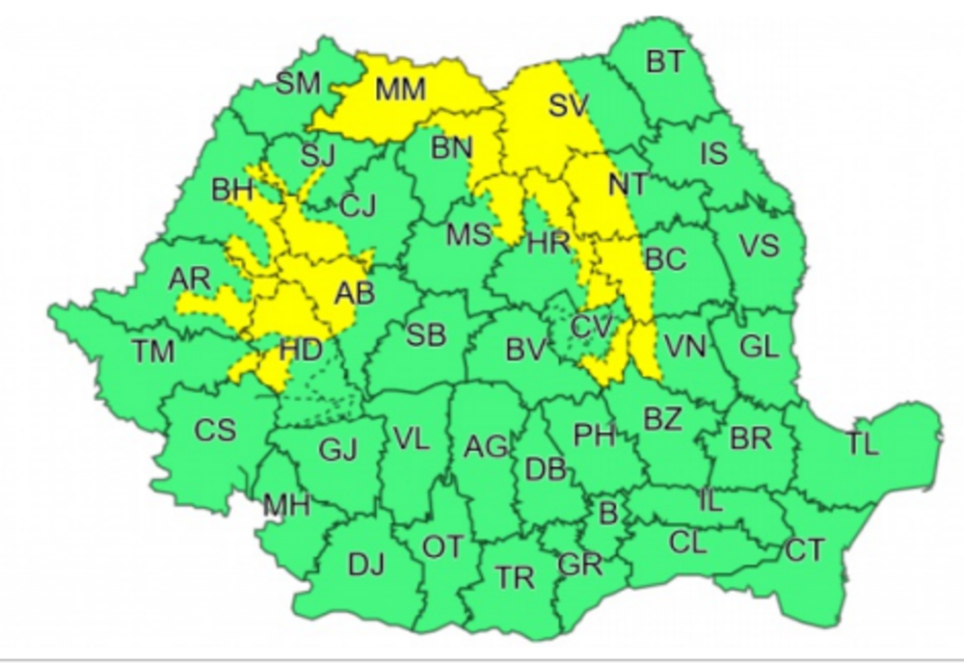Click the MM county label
click(400, 90)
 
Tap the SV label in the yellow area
click(568, 106)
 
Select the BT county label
click(664, 63)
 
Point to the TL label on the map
click(863, 444)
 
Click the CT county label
click(804, 550)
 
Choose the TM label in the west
click(153, 351)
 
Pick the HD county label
click(299, 351)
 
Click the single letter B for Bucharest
click(607, 513)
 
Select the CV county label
click(590, 327)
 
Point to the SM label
click(298, 83)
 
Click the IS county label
click(713, 152)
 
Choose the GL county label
click(759, 347)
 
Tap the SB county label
click(425, 335)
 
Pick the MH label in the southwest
click(286, 504)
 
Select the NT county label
click(628, 182)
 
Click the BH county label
click(232, 190)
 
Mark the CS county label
click(214, 430)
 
